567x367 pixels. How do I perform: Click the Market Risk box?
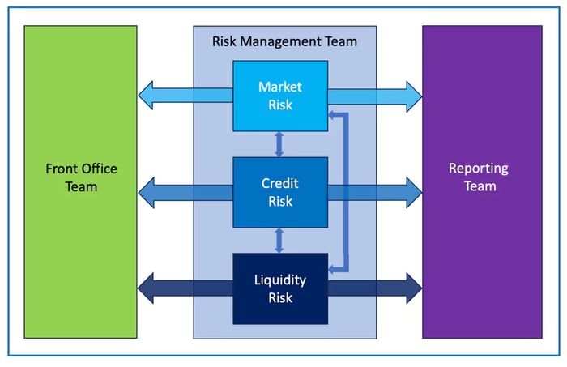point(279,95)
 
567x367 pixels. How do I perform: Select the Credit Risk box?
point(279,192)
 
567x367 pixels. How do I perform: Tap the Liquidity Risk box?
point(279,288)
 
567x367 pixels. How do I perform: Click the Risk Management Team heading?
point(284,41)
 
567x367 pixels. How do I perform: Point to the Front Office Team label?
point(81,177)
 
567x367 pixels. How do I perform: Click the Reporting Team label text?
point(479,177)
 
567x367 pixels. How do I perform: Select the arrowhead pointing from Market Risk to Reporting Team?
point(413,95)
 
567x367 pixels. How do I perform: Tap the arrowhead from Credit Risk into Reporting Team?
point(413,192)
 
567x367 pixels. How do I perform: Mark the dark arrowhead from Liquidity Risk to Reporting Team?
point(413,288)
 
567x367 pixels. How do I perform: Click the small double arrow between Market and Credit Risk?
point(279,144)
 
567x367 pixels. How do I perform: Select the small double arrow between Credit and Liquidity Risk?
point(279,241)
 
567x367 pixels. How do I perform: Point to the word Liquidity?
point(279,280)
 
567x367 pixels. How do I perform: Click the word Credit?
point(279,184)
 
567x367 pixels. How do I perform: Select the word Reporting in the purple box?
point(479,169)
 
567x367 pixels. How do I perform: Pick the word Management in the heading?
point(284,41)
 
